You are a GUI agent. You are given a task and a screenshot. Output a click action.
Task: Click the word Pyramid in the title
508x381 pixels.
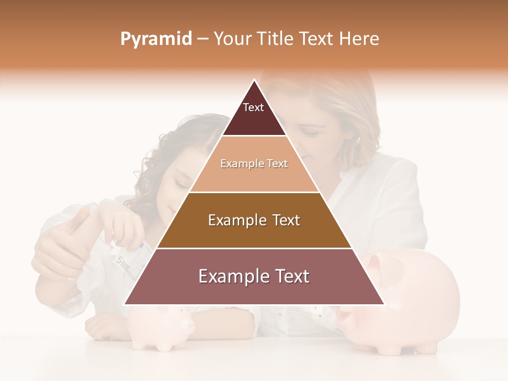(x=156, y=39)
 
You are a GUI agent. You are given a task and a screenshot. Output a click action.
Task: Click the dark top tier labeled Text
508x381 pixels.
(x=253, y=114)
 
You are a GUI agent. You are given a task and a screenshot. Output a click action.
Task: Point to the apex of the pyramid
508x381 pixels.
(x=254, y=81)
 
